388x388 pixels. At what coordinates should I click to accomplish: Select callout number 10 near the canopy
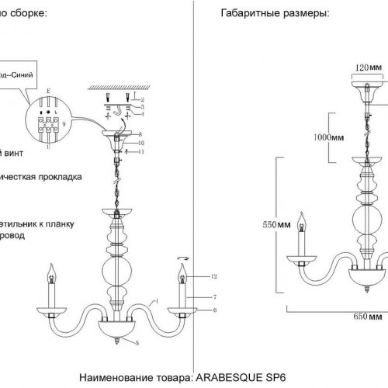click(x=142, y=143)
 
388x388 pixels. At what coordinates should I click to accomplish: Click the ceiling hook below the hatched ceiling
click(x=116, y=109)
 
